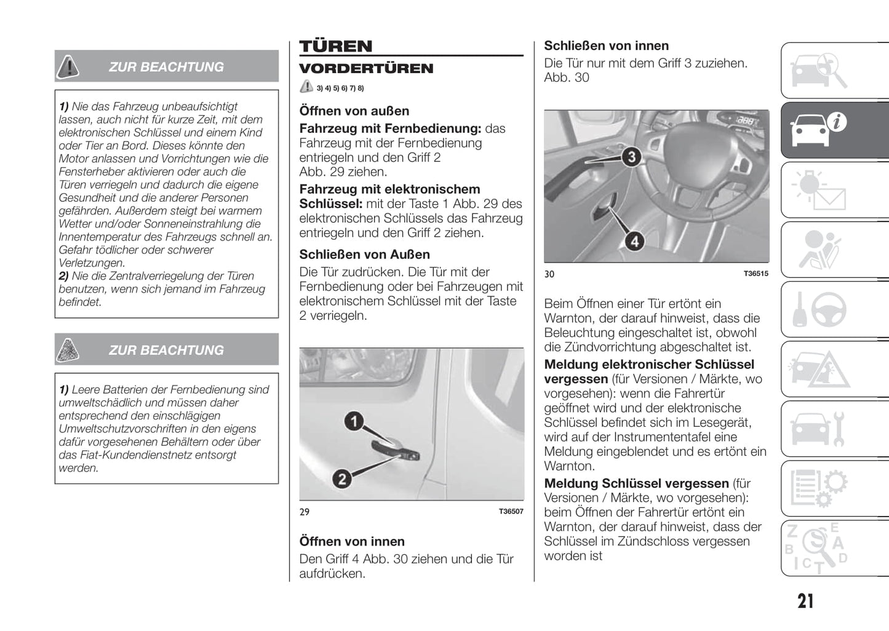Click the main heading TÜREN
pos(336,46)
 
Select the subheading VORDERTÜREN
pos(366,68)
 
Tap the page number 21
pos(805,601)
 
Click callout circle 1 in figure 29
pos(353,421)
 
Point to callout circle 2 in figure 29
pos(342,478)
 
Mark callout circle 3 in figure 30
pos(631,157)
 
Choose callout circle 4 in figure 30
pos(634,241)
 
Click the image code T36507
pos(511,512)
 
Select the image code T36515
pos(755,274)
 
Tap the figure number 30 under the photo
pos(549,274)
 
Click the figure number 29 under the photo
pos(305,512)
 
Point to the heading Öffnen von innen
pos(352,542)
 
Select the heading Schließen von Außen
pos(364,255)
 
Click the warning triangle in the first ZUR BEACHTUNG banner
pos(68,66)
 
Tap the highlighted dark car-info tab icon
pos(818,130)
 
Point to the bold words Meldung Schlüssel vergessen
pos(636,483)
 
